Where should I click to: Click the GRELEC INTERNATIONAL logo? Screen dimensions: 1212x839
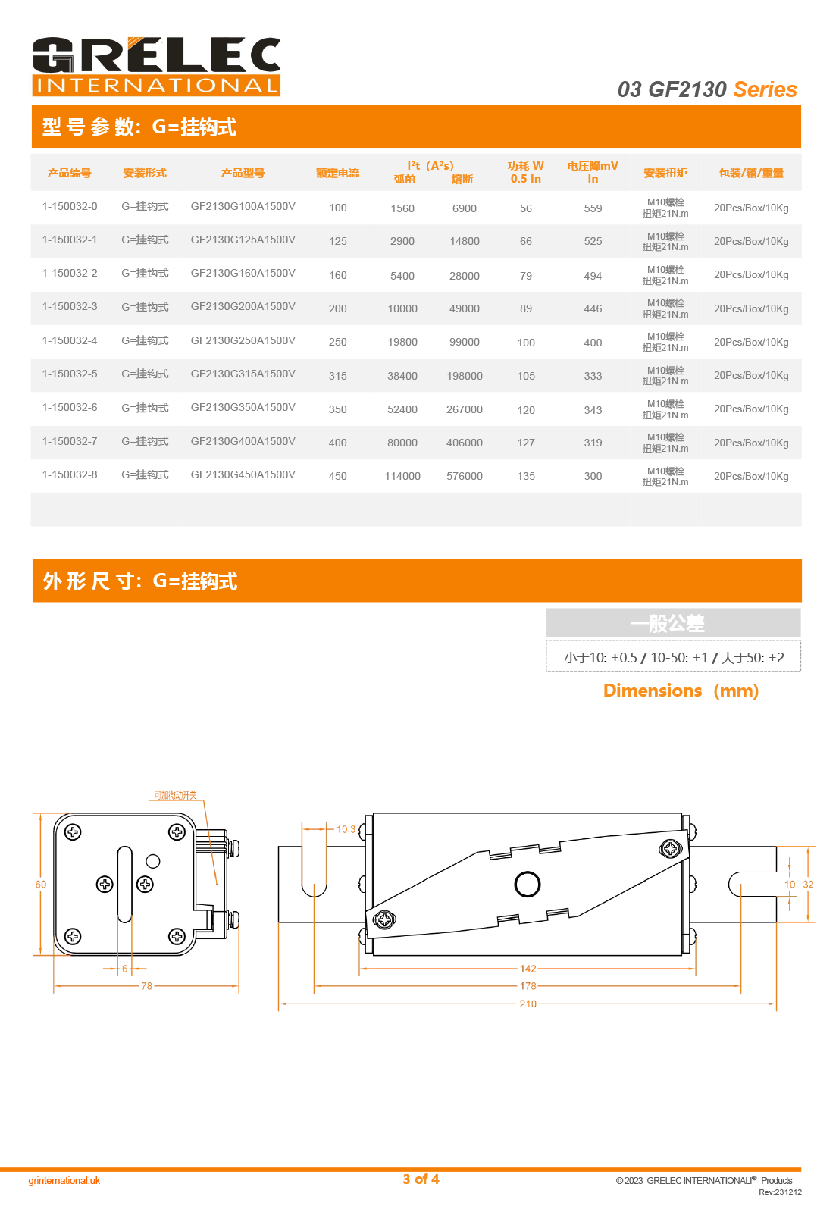[x=156, y=67]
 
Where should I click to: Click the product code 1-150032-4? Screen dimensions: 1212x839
[x=70, y=340]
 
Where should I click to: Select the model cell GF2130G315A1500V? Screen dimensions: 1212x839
[x=243, y=374]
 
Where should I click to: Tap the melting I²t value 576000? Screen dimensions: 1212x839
[x=464, y=476]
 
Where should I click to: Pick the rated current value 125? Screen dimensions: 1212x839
[x=338, y=241]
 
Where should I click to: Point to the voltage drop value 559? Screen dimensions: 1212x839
[x=593, y=208]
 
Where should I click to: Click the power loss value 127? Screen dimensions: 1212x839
[x=526, y=443]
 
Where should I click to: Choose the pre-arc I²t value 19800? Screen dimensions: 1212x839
[x=402, y=342]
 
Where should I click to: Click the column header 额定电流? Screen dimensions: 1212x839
[x=338, y=173]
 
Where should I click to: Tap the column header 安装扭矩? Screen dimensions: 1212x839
[x=665, y=173]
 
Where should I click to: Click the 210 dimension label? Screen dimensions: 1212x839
[x=528, y=1004]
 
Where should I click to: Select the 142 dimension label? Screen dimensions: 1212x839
[x=528, y=969]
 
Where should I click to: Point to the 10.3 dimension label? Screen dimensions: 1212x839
[x=346, y=829]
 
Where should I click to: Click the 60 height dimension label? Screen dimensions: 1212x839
[x=41, y=885]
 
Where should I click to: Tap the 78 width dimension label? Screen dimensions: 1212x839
[x=146, y=986]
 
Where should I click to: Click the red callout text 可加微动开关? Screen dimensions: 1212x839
[x=175, y=795]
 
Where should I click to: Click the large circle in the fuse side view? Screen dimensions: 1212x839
[x=528, y=884]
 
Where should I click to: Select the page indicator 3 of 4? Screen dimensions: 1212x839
[x=421, y=1179]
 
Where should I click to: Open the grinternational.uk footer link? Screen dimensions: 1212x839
[x=64, y=1180]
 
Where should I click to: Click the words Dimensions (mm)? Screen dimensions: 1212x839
[x=681, y=691]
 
